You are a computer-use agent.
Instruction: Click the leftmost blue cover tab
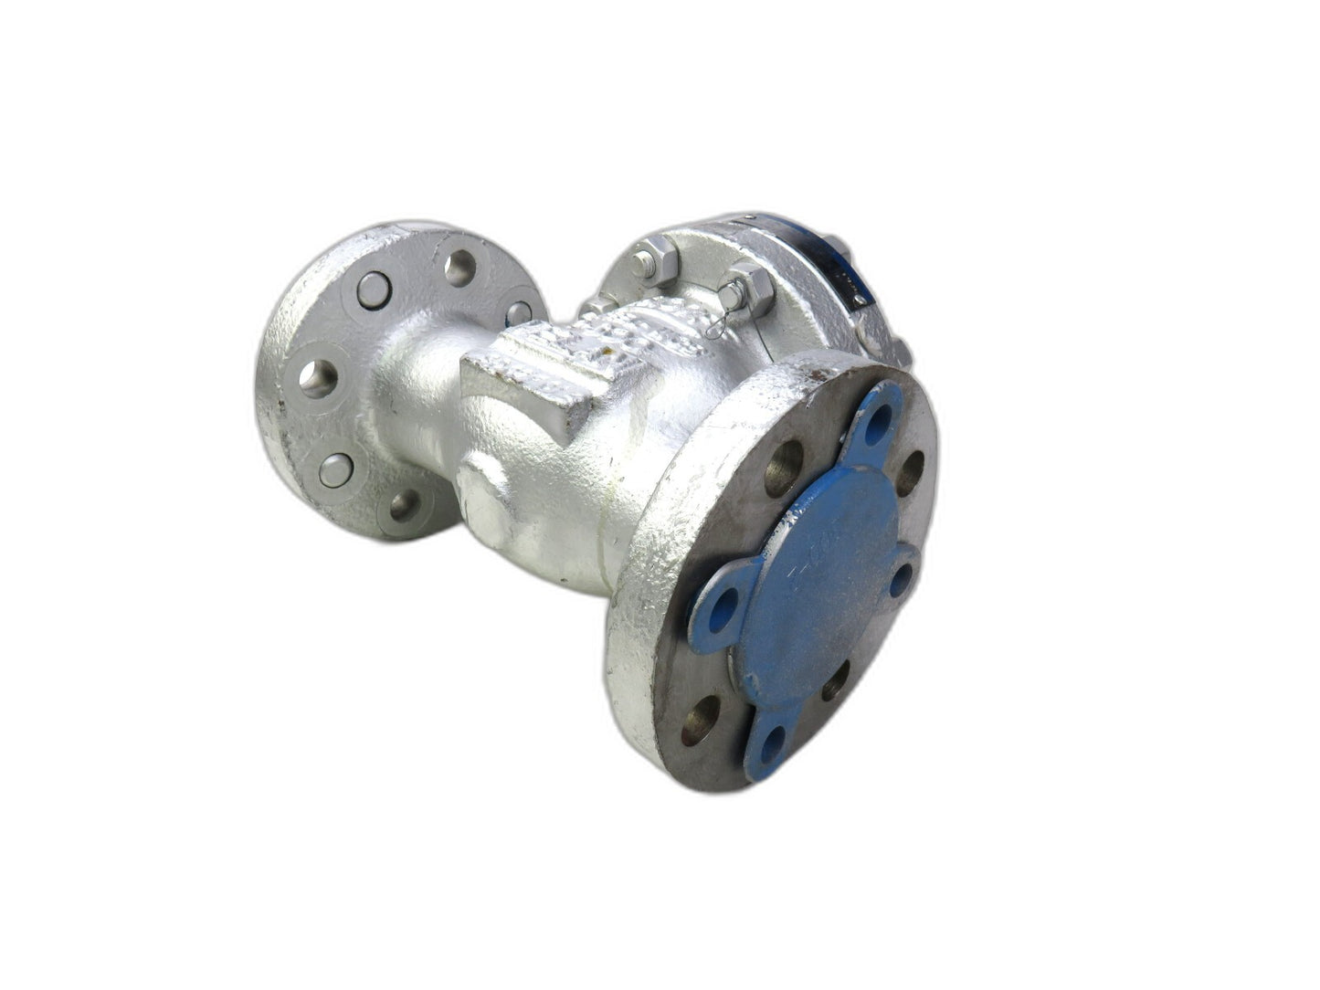coord(723,603)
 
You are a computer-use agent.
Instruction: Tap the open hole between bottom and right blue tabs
coord(835,681)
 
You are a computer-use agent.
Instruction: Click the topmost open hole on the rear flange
coord(460,267)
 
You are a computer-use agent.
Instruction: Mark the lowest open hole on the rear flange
coord(405,504)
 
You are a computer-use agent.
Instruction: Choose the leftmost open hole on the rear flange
coord(318,377)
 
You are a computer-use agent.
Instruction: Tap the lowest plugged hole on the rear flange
coord(335,469)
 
